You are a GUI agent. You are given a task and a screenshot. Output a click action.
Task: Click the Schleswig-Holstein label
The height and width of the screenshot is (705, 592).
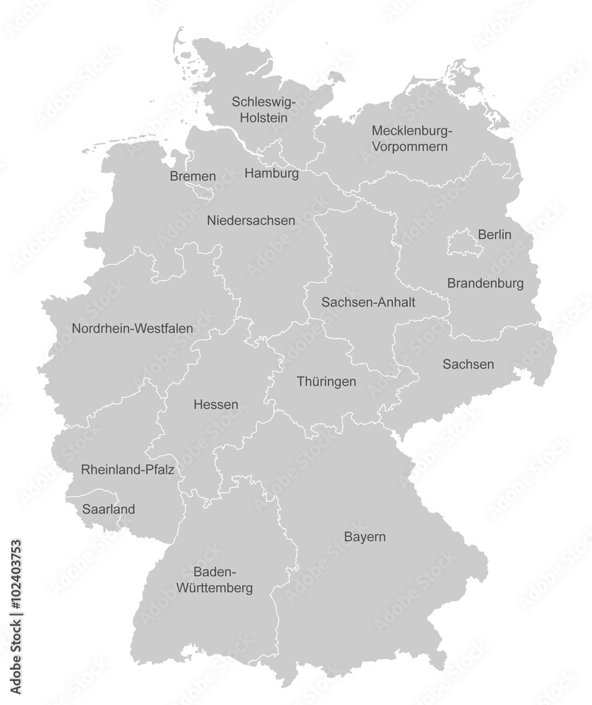pyautogui.click(x=264, y=110)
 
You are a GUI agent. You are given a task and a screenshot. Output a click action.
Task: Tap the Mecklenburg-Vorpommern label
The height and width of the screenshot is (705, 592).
pyautogui.click(x=411, y=139)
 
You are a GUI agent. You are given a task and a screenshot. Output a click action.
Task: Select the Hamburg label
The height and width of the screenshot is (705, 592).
pyautogui.click(x=271, y=173)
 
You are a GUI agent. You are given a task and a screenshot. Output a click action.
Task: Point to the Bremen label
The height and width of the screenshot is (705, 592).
pyautogui.click(x=193, y=176)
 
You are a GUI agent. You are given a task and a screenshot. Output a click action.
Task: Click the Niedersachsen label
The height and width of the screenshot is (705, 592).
pyautogui.click(x=251, y=221)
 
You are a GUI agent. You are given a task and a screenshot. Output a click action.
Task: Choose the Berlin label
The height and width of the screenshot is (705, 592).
pyautogui.click(x=495, y=235)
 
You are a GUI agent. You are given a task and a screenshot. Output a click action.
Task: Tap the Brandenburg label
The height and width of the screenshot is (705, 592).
pyautogui.click(x=485, y=283)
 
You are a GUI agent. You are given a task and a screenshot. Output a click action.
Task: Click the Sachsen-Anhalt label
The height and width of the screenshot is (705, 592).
pyautogui.click(x=368, y=302)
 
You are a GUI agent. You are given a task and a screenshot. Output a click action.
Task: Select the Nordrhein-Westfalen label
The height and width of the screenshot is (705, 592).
pyautogui.click(x=133, y=329)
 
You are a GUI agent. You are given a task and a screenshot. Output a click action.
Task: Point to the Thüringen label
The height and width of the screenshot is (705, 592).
pyautogui.click(x=326, y=381)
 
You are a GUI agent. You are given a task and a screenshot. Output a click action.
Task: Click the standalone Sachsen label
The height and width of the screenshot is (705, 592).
pyautogui.click(x=469, y=364)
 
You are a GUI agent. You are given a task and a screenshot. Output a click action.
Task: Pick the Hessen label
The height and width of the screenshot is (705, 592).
pyautogui.click(x=215, y=405)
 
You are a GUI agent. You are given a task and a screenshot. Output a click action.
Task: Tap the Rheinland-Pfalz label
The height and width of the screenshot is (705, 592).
pyautogui.click(x=128, y=469)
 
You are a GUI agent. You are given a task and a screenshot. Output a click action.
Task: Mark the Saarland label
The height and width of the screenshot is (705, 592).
pyautogui.click(x=109, y=509)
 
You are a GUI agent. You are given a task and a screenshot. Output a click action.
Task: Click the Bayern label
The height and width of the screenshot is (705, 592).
pyautogui.click(x=365, y=537)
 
